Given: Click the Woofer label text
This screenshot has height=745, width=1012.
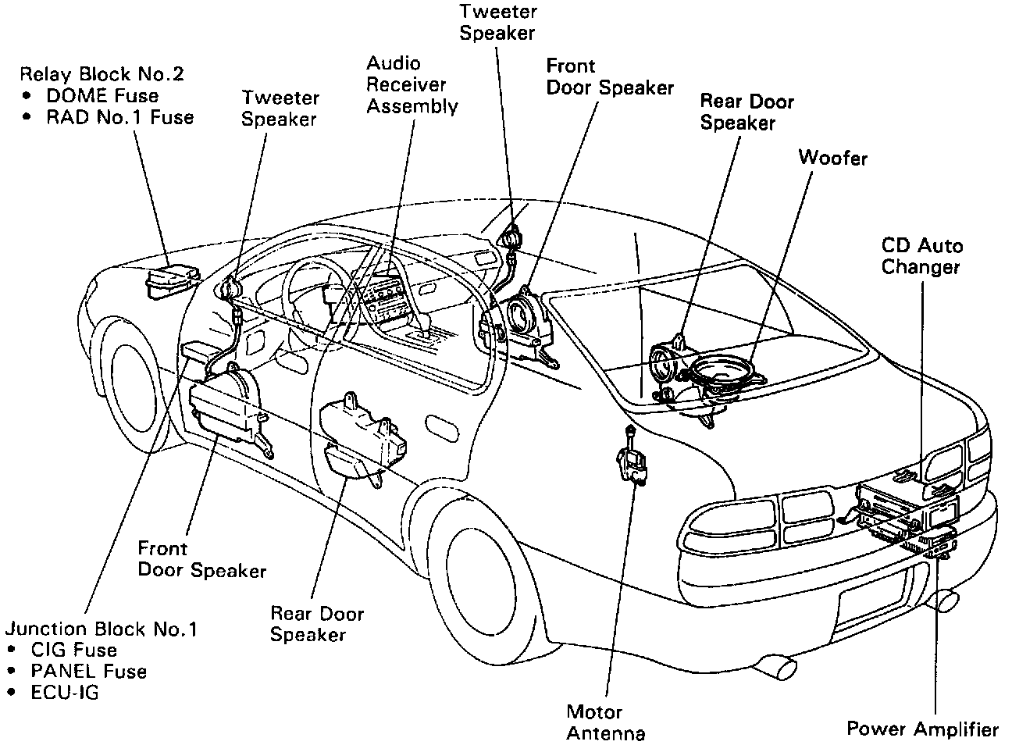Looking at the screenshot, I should pyautogui.click(x=832, y=158).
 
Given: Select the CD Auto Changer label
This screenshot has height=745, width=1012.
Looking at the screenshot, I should pyautogui.click(x=921, y=256).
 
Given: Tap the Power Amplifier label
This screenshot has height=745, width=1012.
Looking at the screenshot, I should pyautogui.click(x=923, y=729).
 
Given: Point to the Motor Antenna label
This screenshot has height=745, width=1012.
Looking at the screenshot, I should pyautogui.click(x=605, y=722).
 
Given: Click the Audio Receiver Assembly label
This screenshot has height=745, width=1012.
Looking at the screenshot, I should pyautogui.click(x=412, y=85).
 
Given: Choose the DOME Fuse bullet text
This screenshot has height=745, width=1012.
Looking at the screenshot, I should pyautogui.click(x=102, y=96).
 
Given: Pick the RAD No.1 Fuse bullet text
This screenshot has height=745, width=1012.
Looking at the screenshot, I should pyautogui.click(x=119, y=117).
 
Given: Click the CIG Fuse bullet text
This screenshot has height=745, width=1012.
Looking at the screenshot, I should pyautogui.click(x=73, y=650).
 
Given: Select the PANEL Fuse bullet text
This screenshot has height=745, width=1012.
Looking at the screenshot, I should pyautogui.click(x=88, y=671).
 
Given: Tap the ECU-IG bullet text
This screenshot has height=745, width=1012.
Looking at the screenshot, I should pyautogui.click(x=65, y=692).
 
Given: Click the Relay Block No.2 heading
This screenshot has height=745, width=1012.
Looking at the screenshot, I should pyautogui.click(x=102, y=74).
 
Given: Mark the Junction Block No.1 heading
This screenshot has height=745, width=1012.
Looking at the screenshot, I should pyautogui.click(x=102, y=629).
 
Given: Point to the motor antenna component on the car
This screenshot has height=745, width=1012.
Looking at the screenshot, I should pyautogui.click(x=631, y=461).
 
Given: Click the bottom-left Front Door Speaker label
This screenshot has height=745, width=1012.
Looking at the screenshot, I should pyautogui.click(x=201, y=559).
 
